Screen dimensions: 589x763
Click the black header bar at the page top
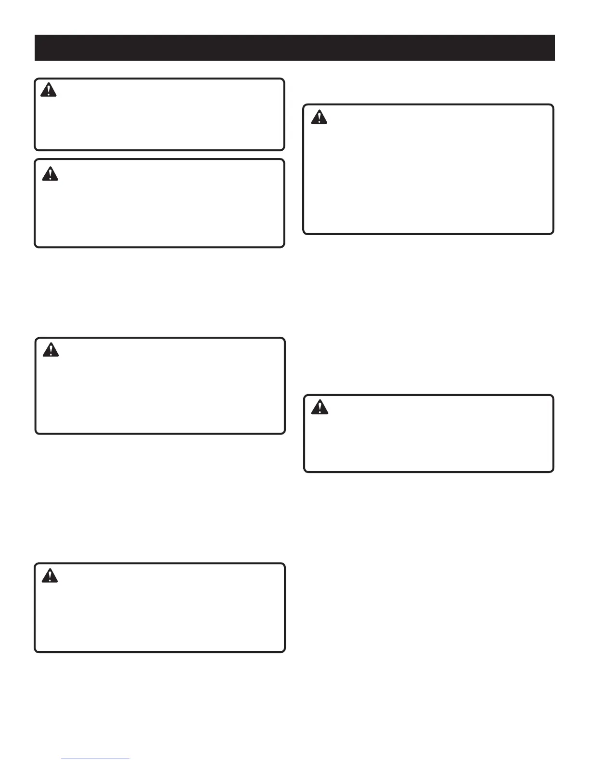tap(294, 48)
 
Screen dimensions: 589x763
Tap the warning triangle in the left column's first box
tap(49, 90)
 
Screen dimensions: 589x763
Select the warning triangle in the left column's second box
tap(50, 173)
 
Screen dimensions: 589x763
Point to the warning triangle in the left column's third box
tap(51, 350)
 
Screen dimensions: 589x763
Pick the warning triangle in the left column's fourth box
tap(50, 576)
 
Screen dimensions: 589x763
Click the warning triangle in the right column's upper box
tap(319, 117)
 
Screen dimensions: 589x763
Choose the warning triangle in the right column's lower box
tap(320, 408)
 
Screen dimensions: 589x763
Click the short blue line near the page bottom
tap(95, 759)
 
